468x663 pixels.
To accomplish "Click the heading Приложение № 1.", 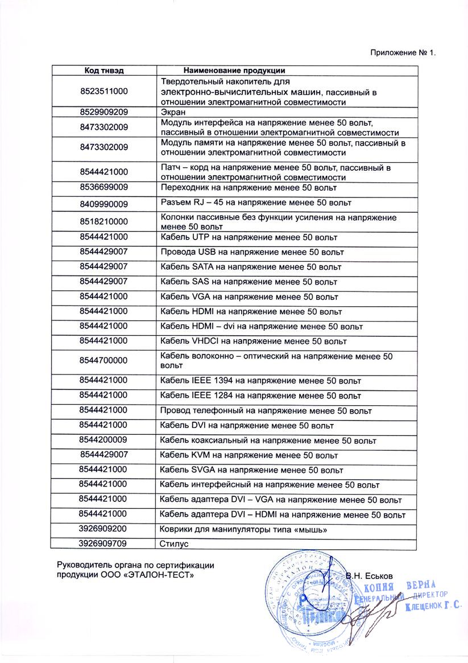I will pyautogui.click(x=403, y=53).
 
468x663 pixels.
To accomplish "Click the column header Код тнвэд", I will pyautogui.click(x=104, y=71).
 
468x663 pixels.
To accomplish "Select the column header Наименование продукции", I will pyautogui.click(x=234, y=71).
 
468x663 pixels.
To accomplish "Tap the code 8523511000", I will pyautogui.click(x=104, y=91).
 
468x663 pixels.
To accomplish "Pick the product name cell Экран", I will pyautogui.click(x=172, y=112).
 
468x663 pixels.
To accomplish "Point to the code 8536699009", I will pyautogui.click(x=104, y=187).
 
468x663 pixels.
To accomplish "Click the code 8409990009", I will pyautogui.click(x=104, y=203).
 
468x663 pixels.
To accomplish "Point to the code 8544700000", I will pyautogui.click(x=104, y=360).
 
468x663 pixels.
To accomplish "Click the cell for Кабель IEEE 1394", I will pyautogui.click(x=260, y=381).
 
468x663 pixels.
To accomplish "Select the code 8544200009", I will pyautogui.click(x=104, y=440).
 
